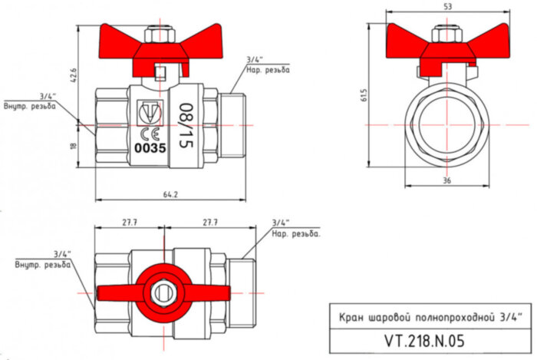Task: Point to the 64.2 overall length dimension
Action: point(170,195)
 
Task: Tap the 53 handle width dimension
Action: point(447,7)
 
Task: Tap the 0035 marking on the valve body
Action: point(150,147)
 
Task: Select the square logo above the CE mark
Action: point(150,114)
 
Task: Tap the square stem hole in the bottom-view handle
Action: point(162,291)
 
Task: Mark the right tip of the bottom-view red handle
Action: point(223,291)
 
